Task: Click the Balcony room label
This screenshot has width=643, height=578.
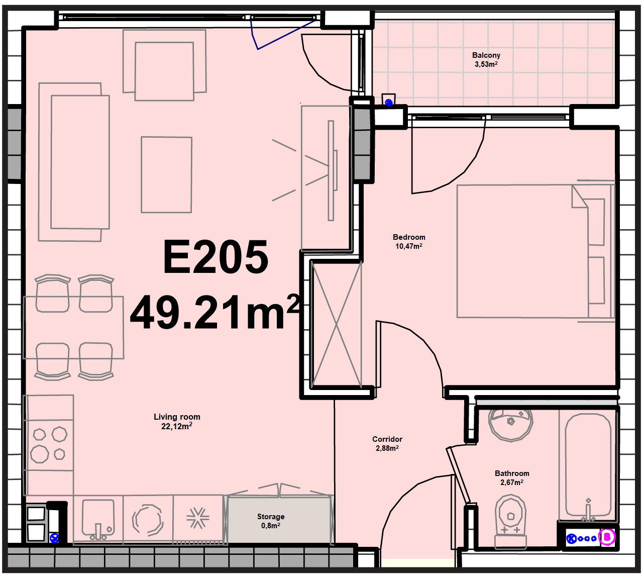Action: click(486, 55)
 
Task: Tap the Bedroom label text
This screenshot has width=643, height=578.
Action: click(409, 237)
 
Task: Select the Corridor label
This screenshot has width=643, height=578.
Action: click(387, 439)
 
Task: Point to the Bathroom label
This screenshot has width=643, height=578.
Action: click(512, 473)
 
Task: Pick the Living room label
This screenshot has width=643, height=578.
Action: click(177, 417)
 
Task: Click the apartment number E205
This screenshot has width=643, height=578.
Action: click(216, 257)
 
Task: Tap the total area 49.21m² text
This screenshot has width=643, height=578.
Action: click(215, 312)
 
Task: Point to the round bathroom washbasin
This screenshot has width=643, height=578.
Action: click(511, 425)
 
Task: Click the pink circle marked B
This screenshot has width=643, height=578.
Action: click(607, 537)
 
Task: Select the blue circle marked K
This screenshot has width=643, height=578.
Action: click(571, 539)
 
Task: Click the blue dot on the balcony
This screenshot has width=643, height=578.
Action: click(389, 103)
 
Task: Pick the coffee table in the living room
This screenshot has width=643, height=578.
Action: click(167, 175)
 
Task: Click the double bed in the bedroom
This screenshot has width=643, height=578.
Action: click(535, 251)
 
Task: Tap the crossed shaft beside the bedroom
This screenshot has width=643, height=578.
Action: click(337, 324)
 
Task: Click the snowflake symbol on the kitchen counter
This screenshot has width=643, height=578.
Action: click(198, 518)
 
